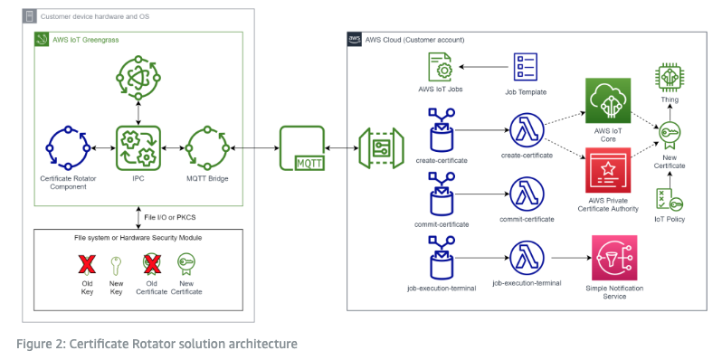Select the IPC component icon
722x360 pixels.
[138, 147]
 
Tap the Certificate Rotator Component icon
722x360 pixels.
[66, 147]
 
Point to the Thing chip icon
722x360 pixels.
[670, 79]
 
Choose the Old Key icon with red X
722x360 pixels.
[88, 264]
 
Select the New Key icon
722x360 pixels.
[115, 264]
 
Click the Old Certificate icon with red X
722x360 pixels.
[151, 264]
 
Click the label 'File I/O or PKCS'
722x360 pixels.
[171, 218]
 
